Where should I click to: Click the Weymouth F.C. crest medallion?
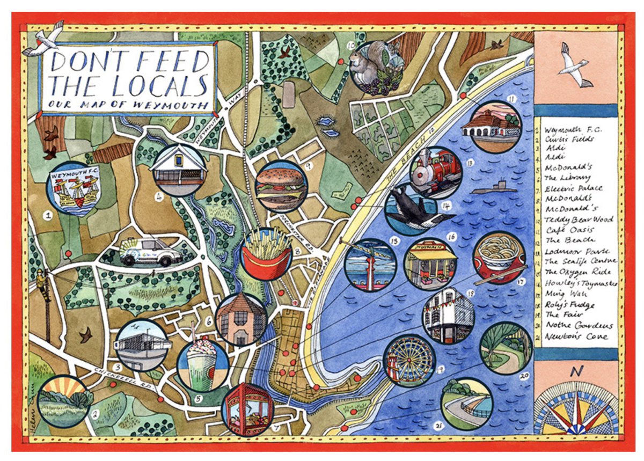coord(72,189)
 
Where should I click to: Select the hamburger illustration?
coord(281,186)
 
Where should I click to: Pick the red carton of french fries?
coord(267,254)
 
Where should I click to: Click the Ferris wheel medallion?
coord(409,360)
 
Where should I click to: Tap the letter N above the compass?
coord(577,371)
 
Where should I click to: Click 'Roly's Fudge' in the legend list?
coord(568,304)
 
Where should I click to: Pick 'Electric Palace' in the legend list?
coord(573,188)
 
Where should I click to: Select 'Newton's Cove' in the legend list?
coord(576,336)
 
